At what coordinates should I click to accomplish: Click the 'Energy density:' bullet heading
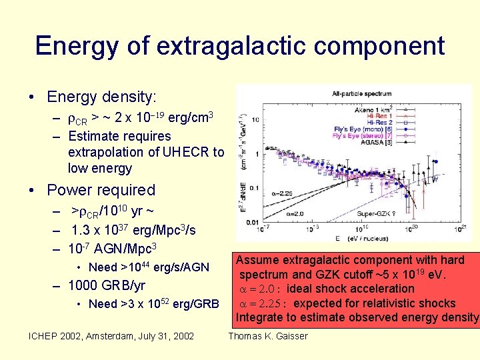point(101,97)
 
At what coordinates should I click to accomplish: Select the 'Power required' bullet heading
point(101,190)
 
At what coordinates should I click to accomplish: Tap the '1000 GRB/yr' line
point(107,286)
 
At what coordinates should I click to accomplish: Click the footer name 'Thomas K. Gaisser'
point(268,336)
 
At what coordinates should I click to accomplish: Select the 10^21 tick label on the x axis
point(459,230)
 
